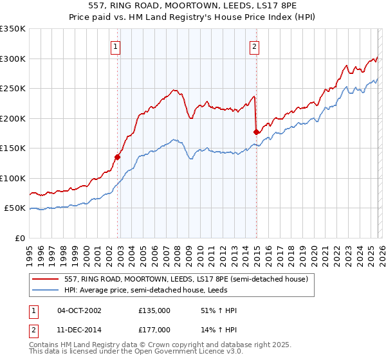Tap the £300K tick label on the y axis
[13, 59]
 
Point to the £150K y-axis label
[13, 148]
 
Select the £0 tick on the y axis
[20, 238]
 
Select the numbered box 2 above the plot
[255, 46]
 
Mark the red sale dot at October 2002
[118, 156]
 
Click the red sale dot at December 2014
[256, 132]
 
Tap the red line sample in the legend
[47, 279]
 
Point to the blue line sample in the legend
[47, 289]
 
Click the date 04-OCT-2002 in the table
[79, 310]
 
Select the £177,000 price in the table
[154, 330]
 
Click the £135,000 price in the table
[154, 310]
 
